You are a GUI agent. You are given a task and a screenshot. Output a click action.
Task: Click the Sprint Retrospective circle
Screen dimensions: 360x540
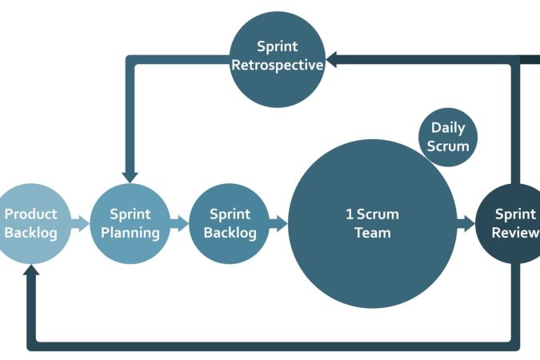click(x=277, y=59)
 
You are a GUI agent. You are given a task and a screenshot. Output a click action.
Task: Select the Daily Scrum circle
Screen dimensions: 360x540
click(x=448, y=138)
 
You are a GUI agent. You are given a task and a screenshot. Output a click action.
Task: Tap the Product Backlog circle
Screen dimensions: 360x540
click(x=30, y=223)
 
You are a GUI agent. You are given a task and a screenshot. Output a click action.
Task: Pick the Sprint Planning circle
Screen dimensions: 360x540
click(x=130, y=223)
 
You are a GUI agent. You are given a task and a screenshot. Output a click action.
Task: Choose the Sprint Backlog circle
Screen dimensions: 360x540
click(x=230, y=223)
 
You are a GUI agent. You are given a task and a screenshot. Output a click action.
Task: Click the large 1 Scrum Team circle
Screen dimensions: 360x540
click(x=372, y=223)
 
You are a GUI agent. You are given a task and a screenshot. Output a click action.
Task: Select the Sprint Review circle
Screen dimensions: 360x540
click(x=512, y=223)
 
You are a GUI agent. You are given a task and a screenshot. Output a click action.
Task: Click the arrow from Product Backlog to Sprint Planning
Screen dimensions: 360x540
click(x=80, y=223)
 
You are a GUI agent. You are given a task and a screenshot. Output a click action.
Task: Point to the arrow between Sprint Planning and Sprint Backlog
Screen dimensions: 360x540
click(x=180, y=223)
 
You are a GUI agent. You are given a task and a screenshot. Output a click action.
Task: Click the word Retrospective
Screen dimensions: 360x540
click(x=277, y=65)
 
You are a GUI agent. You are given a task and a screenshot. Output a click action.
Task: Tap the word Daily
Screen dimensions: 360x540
click(x=448, y=128)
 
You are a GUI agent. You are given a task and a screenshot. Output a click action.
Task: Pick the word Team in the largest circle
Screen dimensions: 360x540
click(x=372, y=233)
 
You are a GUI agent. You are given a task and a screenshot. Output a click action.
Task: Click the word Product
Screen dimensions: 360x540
click(x=30, y=214)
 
